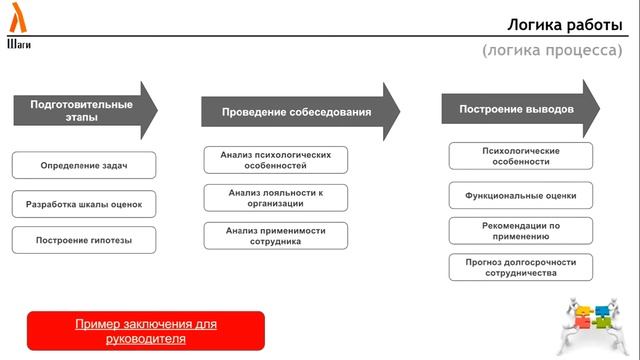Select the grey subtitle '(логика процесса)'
(x=552, y=50)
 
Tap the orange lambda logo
(x=20, y=20)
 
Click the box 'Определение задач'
(x=84, y=165)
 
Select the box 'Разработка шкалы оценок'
(x=84, y=204)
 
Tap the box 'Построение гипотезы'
(x=84, y=241)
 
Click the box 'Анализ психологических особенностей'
(x=276, y=160)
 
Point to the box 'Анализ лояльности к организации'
(x=276, y=197)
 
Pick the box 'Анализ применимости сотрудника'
(x=276, y=235)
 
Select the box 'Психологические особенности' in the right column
(x=520, y=156)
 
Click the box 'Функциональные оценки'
(x=520, y=194)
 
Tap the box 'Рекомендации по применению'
(x=520, y=231)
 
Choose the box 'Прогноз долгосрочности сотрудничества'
(x=520, y=267)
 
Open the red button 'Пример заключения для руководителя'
(x=146, y=331)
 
